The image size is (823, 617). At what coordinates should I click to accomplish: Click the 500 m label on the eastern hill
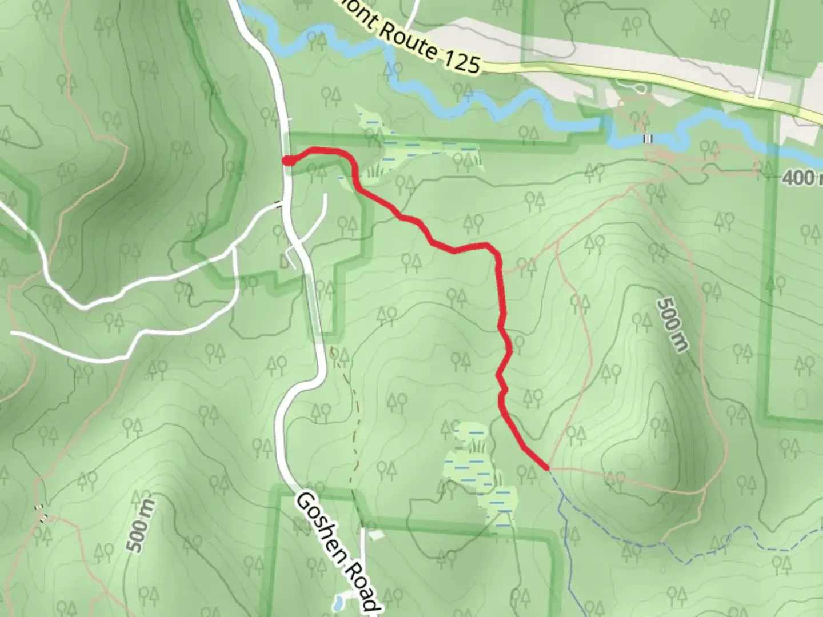674,324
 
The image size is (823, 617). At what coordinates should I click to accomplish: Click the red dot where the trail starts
289,161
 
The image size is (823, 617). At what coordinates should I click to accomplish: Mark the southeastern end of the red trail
547,467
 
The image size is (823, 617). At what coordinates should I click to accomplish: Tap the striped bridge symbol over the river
648,138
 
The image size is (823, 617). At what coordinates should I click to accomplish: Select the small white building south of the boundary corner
375,535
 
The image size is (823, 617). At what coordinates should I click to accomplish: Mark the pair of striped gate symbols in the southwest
41,511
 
